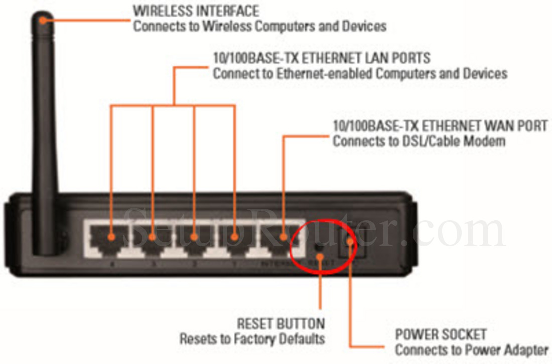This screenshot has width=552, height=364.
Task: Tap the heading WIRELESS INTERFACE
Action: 196,10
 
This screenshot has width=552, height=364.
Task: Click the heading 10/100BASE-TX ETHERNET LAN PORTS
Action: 322,58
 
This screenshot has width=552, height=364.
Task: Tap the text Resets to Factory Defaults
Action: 252,339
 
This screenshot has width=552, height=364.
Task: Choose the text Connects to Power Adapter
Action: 472,350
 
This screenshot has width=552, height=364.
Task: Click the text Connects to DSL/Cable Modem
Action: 419,141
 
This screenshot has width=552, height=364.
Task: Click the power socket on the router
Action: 350,243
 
